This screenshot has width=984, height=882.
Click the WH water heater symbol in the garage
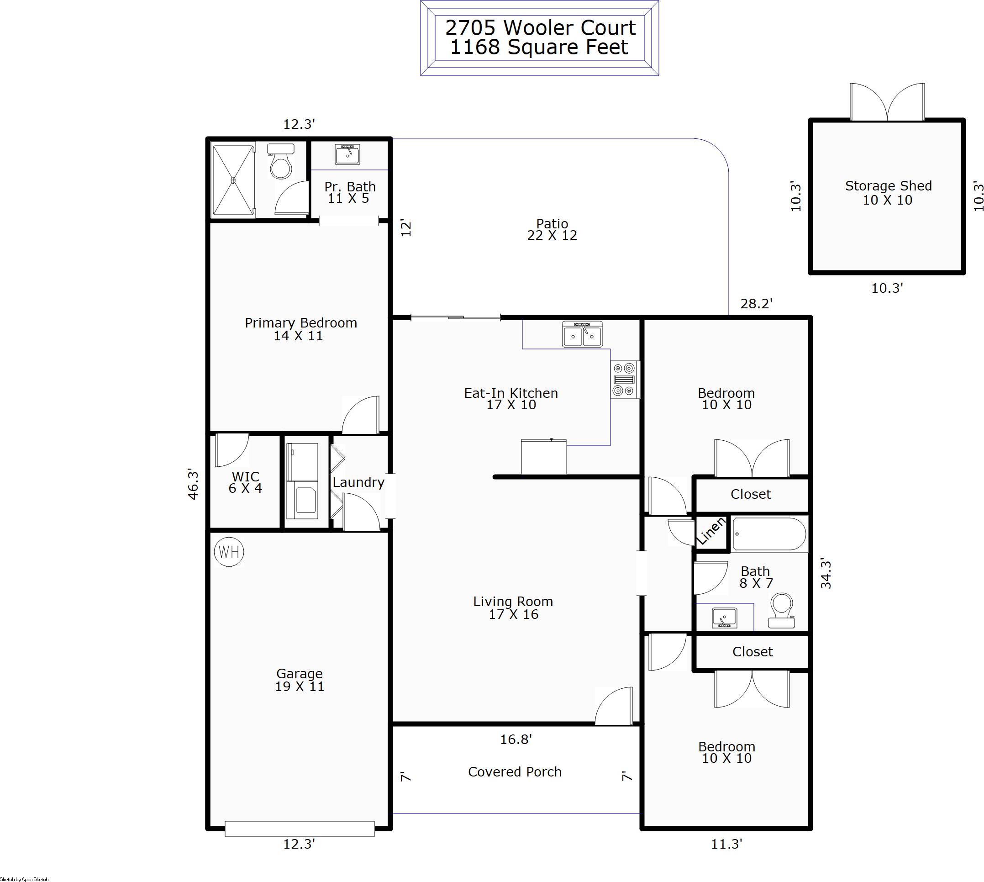[229, 551]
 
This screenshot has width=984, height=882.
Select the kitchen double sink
[582, 334]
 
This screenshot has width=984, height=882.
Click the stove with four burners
[624, 380]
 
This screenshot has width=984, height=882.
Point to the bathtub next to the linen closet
[769, 534]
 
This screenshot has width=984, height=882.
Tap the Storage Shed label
[888, 192]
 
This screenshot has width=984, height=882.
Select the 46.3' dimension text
[193, 484]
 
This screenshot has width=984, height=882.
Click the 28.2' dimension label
[756, 303]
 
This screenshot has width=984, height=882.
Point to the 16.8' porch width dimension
[516, 739]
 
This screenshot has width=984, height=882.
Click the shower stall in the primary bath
[233, 180]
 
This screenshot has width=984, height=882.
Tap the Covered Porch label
[515, 771]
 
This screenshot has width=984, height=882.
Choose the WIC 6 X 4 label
[246, 482]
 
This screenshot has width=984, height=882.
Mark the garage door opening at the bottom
[300, 828]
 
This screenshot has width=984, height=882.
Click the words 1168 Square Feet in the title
[539, 48]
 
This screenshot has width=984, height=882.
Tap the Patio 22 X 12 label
[552, 229]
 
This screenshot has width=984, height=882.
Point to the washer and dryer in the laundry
[302, 481]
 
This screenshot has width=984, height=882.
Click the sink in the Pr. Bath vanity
[347, 154]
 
